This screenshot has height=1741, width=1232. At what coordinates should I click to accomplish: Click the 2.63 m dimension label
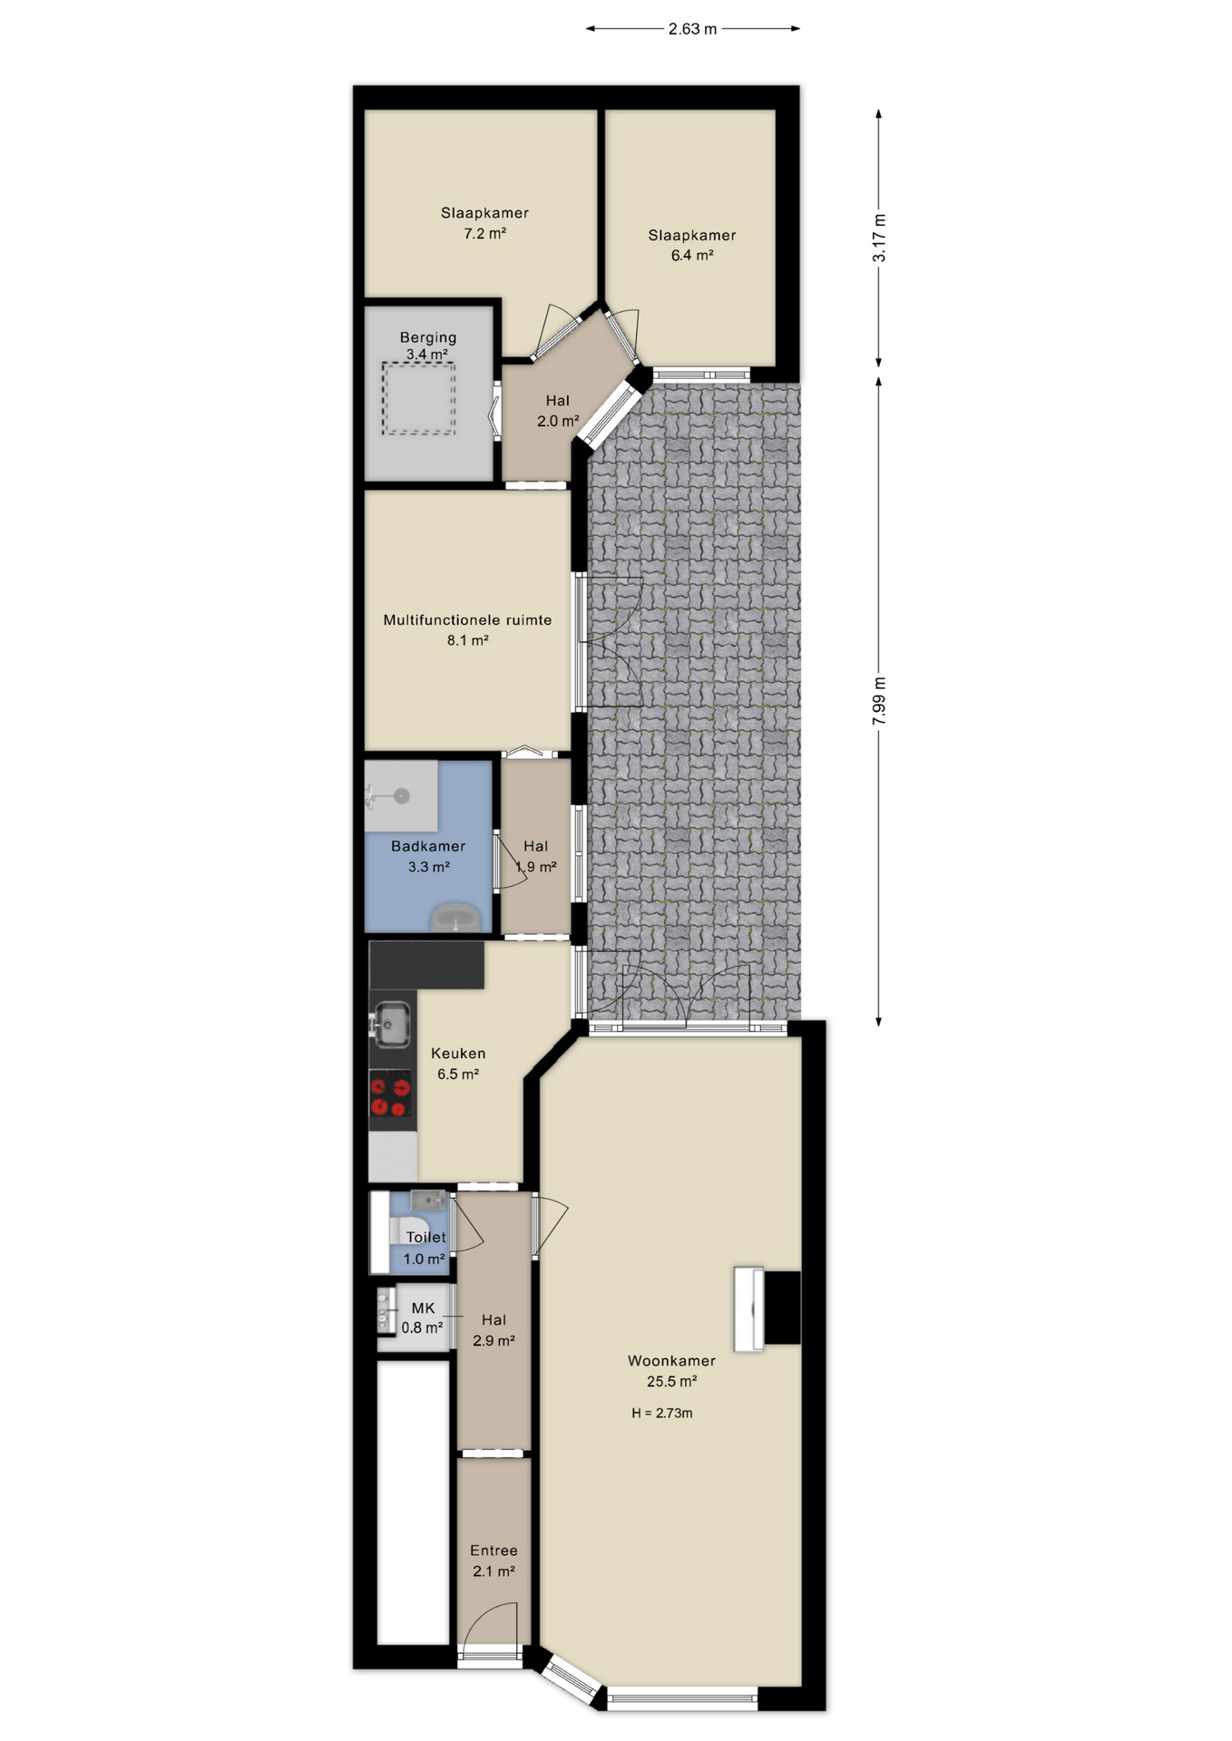pyautogui.click(x=692, y=29)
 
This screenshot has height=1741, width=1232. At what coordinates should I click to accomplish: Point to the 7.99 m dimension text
pyautogui.click(x=878, y=700)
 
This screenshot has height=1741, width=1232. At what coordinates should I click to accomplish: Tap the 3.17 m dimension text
pyautogui.click(x=878, y=238)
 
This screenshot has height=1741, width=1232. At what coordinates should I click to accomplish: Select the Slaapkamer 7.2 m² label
pyautogui.click(x=484, y=223)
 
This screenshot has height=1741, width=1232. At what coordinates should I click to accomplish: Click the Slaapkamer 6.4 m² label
pyautogui.click(x=691, y=245)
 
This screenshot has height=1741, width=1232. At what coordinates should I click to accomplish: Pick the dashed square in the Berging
pyautogui.click(x=418, y=399)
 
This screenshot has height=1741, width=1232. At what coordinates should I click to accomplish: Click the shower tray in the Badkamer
pyautogui.click(x=401, y=796)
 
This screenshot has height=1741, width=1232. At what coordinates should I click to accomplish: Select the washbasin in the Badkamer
pyautogui.click(x=455, y=918)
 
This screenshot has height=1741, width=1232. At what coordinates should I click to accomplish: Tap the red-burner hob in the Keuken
pyautogui.click(x=391, y=1094)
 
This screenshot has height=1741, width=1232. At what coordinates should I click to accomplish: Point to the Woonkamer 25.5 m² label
pyautogui.click(x=671, y=1371)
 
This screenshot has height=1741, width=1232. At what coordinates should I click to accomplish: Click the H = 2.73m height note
pyautogui.click(x=661, y=1413)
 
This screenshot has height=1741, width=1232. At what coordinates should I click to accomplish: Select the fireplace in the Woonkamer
pyautogui.click(x=768, y=1308)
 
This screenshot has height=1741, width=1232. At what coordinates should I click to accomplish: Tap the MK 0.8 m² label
pyautogui.click(x=423, y=1318)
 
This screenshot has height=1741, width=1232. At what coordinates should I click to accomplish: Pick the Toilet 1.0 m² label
pyautogui.click(x=425, y=1248)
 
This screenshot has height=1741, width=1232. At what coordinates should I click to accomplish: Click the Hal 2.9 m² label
pyautogui.click(x=494, y=1330)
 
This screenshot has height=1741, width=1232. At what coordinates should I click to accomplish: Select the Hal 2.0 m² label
pyautogui.click(x=557, y=411)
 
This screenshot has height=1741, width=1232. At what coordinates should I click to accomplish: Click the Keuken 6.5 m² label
pyautogui.click(x=458, y=1064)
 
